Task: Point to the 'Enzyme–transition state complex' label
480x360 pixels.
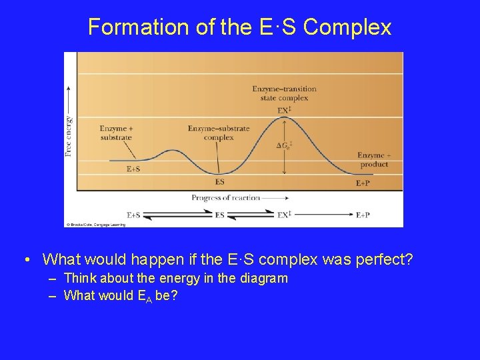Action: (284, 93)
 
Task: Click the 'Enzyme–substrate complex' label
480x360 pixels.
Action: (219, 133)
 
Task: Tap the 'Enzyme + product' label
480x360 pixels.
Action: (373, 160)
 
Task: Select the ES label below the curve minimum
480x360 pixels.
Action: (220, 181)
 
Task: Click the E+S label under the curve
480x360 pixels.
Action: (133, 169)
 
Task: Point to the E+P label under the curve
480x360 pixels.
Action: (363, 183)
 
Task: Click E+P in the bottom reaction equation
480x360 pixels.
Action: (363, 215)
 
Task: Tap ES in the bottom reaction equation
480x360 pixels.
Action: (220, 215)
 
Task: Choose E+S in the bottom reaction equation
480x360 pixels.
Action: (133, 215)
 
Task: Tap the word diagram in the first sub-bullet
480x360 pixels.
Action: (266, 278)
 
